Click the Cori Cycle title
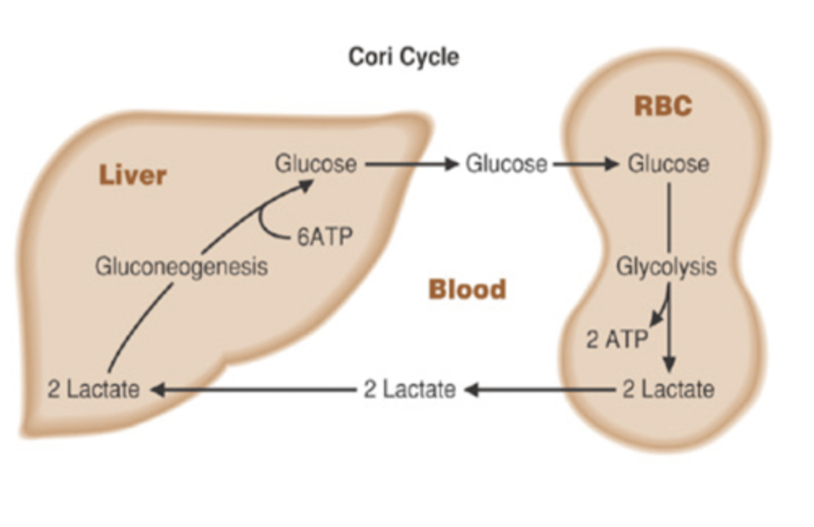(x=404, y=57)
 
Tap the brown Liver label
(x=133, y=175)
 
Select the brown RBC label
(x=663, y=106)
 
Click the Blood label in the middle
(x=467, y=290)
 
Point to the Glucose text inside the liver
(x=315, y=164)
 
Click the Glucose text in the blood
(x=506, y=164)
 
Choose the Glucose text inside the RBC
(x=668, y=164)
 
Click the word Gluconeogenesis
(x=181, y=267)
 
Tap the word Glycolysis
(x=666, y=267)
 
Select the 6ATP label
(x=325, y=237)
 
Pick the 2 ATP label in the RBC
(x=617, y=339)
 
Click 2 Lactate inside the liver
(x=93, y=390)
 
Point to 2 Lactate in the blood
(x=409, y=390)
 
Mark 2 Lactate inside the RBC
(x=668, y=390)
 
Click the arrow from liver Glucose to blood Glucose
(x=412, y=164)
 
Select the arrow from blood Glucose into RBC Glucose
(x=586, y=164)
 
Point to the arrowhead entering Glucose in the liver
(x=305, y=185)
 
